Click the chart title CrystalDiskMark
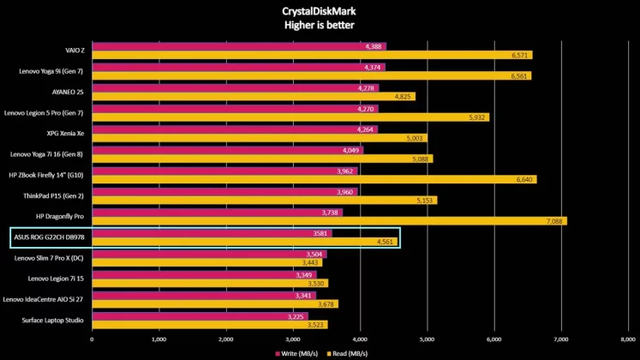320,11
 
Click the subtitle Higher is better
320,25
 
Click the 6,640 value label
522,180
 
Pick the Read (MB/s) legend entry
348,352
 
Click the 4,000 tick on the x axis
360,339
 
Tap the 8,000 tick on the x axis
628,339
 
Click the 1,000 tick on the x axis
159,339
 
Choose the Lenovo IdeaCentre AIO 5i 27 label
44,299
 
